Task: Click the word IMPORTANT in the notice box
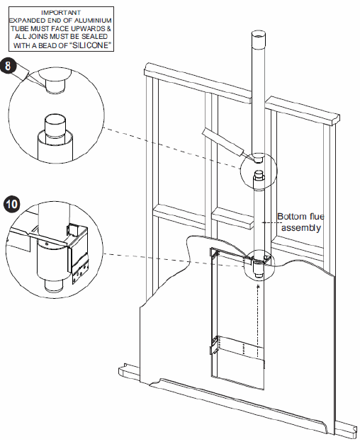pyautogui.click(x=61, y=13)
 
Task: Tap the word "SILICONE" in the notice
pyautogui.click(x=90, y=45)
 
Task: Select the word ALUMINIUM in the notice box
pyautogui.click(x=93, y=21)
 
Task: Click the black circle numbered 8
pyautogui.click(x=8, y=66)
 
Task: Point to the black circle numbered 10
pyautogui.click(x=11, y=204)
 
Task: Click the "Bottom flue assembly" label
pyautogui.click(x=300, y=222)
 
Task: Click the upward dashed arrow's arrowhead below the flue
pyautogui.click(x=258, y=287)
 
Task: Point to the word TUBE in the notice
pyautogui.click(x=20, y=28)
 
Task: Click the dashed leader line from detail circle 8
pyautogui.click(x=171, y=148)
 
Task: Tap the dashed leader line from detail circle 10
pyautogui.click(x=174, y=260)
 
